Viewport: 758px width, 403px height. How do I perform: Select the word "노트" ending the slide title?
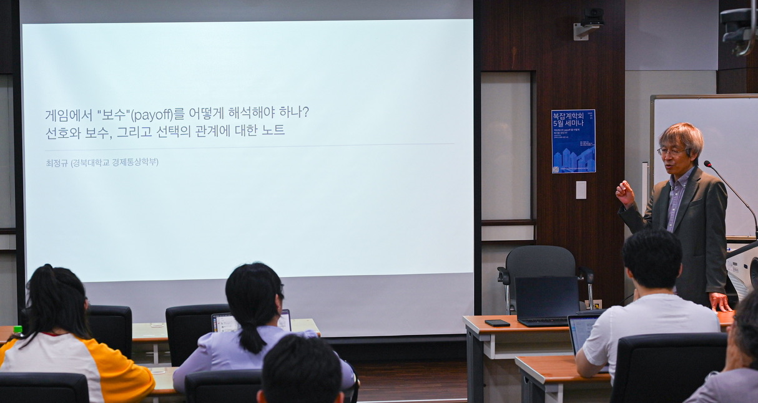[273, 130]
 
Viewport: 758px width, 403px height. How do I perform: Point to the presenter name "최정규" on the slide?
[56, 162]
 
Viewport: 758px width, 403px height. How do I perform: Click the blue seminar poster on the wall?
[573, 141]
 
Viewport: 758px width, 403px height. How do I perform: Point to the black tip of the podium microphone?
[708, 164]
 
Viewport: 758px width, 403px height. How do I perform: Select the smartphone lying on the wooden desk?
[497, 323]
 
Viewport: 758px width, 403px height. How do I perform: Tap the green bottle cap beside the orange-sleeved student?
[18, 330]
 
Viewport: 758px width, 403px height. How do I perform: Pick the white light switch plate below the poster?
[581, 190]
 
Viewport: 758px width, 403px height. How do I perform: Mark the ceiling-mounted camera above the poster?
[590, 19]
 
